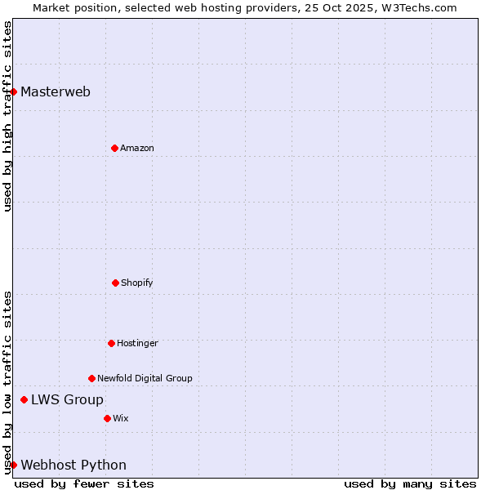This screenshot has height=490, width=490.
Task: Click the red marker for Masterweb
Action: click(14, 91)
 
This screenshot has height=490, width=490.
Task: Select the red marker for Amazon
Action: click(114, 148)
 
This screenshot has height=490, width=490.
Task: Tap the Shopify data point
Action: click(115, 283)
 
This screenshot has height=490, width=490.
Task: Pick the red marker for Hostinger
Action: click(111, 343)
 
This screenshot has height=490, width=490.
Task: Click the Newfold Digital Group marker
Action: click(91, 378)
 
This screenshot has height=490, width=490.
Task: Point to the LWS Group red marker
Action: click(24, 399)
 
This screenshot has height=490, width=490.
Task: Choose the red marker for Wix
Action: click(107, 418)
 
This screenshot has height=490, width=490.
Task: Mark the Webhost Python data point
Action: click(14, 465)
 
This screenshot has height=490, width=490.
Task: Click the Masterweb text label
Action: click(56, 91)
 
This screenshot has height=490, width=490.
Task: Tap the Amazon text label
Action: click(137, 148)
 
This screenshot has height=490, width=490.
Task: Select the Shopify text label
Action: click(137, 283)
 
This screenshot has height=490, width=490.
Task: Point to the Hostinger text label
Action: click(137, 343)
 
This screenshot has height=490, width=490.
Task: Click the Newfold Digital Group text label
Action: click(145, 378)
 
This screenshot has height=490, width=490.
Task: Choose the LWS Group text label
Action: click(67, 399)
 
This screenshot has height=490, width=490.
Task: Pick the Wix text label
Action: click(121, 418)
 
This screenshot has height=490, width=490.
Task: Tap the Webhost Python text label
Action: click(73, 465)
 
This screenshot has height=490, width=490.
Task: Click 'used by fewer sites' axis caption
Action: click(84, 483)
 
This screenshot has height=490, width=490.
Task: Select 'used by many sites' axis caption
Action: click(410, 483)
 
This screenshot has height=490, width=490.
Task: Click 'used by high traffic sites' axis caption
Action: click(7, 116)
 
